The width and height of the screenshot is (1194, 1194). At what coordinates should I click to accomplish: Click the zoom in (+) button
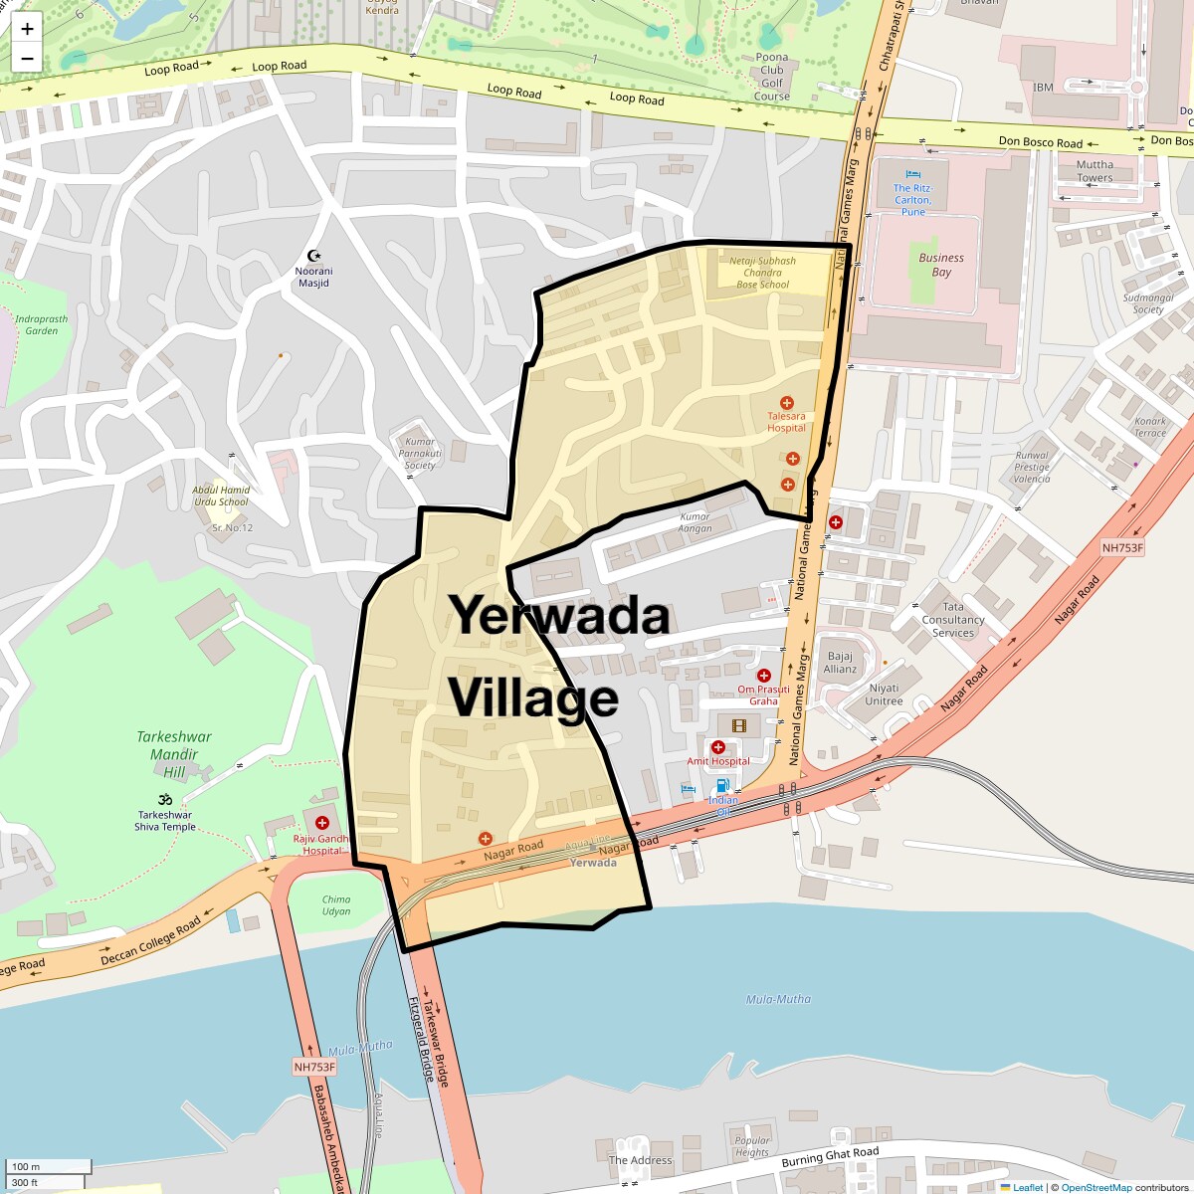pyautogui.click(x=27, y=29)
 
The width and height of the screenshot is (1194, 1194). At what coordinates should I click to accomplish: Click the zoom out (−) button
pyautogui.click(x=27, y=59)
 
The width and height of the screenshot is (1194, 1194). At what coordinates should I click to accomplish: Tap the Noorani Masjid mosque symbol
pyautogui.click(x=314, y=256)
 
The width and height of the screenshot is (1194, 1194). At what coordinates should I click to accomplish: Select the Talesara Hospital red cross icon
pyautogui.click(x=787, y=403)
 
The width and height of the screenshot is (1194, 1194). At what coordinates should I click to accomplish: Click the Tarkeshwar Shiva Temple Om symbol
pyautogui.click(x=165, y=799)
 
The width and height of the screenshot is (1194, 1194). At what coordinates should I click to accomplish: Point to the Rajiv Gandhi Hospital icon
pyautogui.click(x=322, y=823)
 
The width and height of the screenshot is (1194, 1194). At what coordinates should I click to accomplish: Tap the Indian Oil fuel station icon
pyautogui.click(x=723, y=785)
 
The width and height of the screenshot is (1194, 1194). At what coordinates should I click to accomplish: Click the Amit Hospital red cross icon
pyautogui.click(x=717, y=747)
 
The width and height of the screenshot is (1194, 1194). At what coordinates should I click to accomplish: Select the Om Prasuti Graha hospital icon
pyautogui.click(x=764, y=676)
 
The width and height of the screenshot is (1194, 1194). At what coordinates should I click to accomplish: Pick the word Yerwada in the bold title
pyautogui.click(x=559, y=615)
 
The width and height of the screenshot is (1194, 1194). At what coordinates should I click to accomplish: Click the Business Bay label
pyautogui.click(x=941, y=265)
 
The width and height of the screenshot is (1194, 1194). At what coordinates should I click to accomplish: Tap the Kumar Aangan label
pyautogui.click(x=695, y=522)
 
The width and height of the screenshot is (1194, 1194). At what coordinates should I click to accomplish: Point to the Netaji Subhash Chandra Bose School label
pyautogui.click(x=762, y=273)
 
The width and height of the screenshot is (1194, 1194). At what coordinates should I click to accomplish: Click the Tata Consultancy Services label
pyautogui.click(x=952, y=619)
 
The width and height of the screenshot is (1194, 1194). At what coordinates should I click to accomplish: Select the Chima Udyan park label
pyautogui.click(x=336, y=904)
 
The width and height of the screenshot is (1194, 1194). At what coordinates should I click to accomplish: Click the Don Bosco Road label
pyautogui.click(x=1040, y=142)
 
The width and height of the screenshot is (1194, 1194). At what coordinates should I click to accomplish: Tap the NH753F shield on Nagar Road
pyautogui.click(x=1122, y=548)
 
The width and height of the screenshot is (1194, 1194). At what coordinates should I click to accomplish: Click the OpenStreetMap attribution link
pyautogui.click(x=1095, y=1187)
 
